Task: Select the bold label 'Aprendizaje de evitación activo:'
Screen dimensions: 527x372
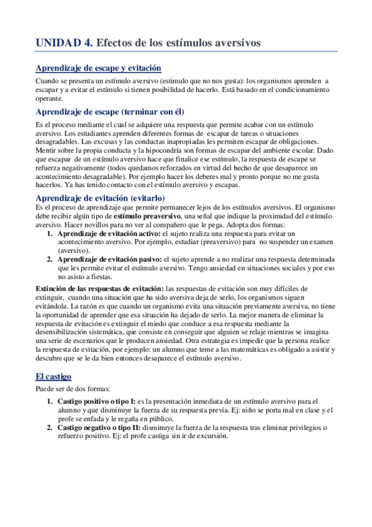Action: click(x=108, y=232)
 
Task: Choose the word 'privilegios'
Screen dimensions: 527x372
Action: click(x=298, y=428)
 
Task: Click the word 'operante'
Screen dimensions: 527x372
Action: click(x=51, y=98)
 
